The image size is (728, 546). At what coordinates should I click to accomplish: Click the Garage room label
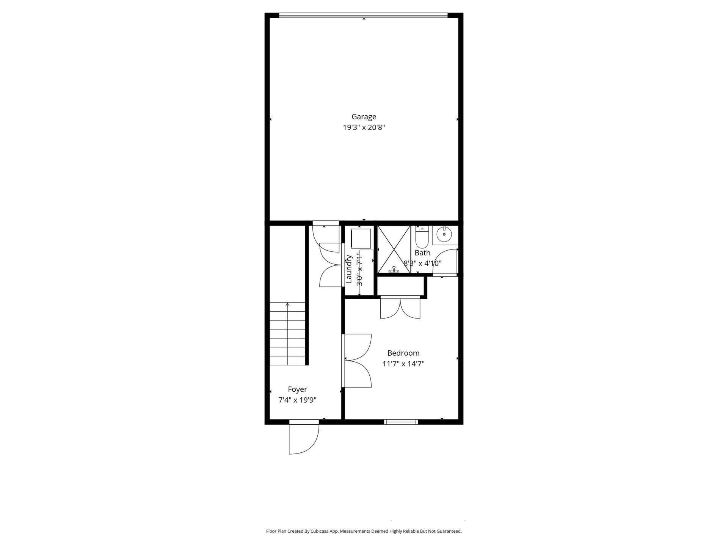tap(364, 117)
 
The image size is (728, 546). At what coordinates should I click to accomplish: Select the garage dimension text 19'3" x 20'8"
tap(364, 127)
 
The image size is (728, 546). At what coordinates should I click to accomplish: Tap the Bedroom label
tap(403, 353)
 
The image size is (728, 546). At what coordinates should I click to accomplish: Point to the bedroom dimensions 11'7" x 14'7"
tap(403, 364)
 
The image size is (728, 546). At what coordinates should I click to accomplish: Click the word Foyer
tap(297, 389)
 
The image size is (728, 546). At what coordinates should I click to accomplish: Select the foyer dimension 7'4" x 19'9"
tap(297, 400)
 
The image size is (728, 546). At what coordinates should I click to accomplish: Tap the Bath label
tap(422, 253)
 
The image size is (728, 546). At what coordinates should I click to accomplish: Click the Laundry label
tap(349, 269)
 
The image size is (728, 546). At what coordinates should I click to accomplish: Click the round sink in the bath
tap(444, 234)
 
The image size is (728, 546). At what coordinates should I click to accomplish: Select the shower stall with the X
tap(394, 249)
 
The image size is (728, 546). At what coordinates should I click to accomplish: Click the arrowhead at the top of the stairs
tap(287, 304)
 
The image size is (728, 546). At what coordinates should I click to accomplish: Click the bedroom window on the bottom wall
tap(401, 422)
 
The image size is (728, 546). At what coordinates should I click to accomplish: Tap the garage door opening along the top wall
tap(363, 16)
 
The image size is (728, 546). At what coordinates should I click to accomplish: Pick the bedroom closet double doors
tap(400, 308)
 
